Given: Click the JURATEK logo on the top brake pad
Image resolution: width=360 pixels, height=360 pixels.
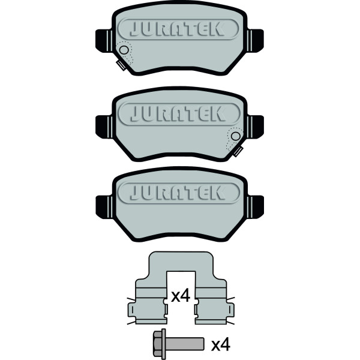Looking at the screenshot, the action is (178, 29).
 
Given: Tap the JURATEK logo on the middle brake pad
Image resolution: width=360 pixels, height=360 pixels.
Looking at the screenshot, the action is (179, 114).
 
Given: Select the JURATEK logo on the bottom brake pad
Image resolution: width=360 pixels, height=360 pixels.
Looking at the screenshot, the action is (179, 192).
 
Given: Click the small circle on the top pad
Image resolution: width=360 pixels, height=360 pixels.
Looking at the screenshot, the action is (124, 50).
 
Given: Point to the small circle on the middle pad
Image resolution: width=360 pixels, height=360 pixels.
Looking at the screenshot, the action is (236, 136).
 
